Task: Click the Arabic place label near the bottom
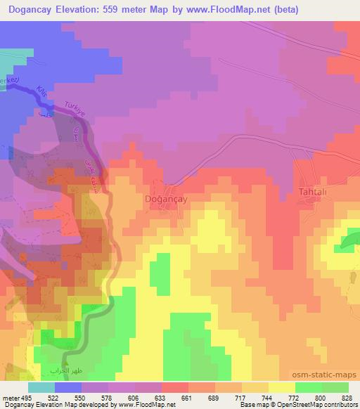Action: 66,370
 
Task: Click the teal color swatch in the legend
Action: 41,388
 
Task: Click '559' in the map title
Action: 135,9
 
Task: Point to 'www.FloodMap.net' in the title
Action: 225,9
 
